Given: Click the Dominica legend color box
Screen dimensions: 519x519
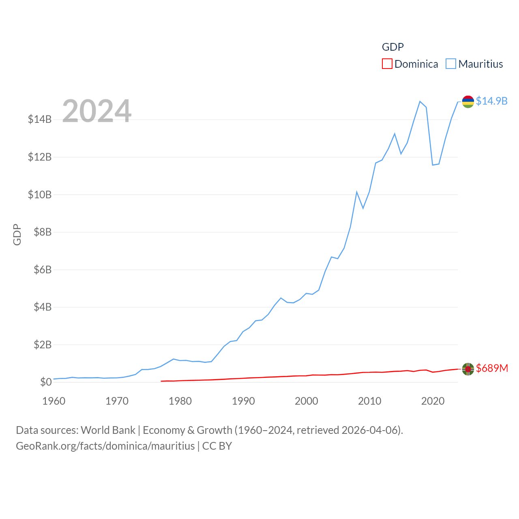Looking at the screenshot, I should coord(387,64).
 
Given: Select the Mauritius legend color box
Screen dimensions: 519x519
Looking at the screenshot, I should coord(451,64).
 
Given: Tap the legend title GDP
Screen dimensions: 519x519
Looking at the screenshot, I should coord(392,47).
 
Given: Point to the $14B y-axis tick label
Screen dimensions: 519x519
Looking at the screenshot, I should coord(40,119).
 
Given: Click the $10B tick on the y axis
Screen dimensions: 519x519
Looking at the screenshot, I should coord(40,195).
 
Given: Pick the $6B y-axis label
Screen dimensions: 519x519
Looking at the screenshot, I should coord(43,270).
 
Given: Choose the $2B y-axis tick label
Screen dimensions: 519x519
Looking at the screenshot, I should coord(43,345).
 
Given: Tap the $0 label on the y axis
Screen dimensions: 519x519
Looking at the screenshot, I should coord(46,382).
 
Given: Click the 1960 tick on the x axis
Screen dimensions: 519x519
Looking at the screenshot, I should coord(54,401).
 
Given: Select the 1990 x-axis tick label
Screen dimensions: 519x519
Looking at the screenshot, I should coord(243,401).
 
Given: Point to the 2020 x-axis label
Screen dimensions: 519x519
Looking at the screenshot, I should coord(433,401).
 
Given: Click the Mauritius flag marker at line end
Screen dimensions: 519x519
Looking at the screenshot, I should coord(468,101).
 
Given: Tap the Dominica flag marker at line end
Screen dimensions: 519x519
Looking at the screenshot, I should coord(468,369).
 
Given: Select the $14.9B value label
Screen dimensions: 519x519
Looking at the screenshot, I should coord(491,101).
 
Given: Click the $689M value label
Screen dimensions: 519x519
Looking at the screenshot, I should coord(492,368).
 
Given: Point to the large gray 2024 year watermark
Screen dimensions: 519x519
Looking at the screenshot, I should coord(97,111).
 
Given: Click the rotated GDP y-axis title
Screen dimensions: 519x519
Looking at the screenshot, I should coord(17,234).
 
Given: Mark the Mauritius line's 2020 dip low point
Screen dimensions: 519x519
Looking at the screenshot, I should coord(433,165).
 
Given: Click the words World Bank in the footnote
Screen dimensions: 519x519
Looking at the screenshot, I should coord(108,430).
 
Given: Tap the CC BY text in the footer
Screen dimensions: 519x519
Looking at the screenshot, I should coord(217,446).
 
